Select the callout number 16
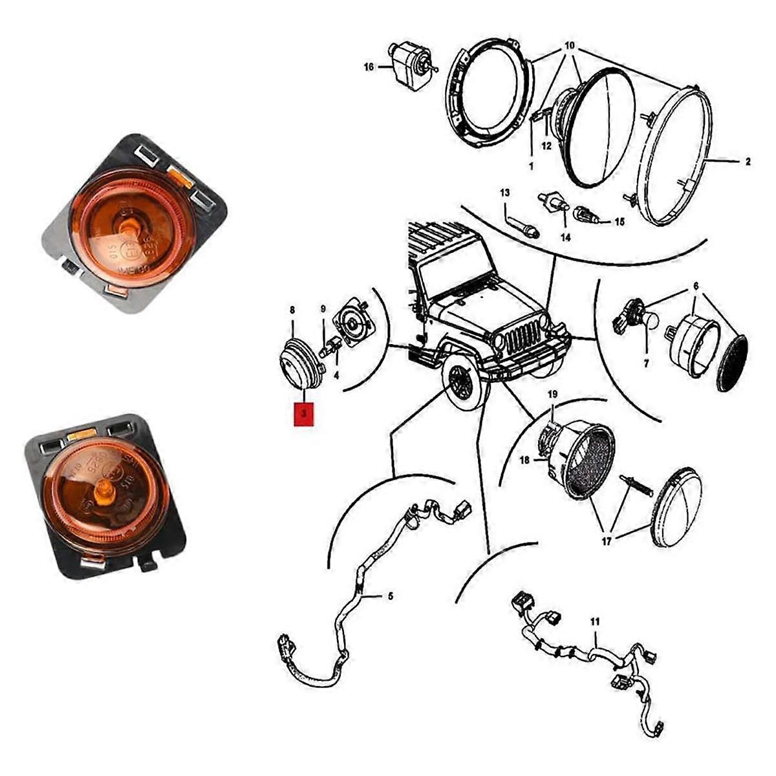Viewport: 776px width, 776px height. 369,67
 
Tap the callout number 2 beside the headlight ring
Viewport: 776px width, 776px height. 748,162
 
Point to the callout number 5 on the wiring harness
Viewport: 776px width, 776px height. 390,596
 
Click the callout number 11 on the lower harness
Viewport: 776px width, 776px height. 595,621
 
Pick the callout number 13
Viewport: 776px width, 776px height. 504,193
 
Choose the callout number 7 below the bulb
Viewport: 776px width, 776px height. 646,364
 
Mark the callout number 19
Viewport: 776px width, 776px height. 552,394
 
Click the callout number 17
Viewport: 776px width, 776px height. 606,542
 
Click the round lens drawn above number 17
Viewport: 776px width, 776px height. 676,507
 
